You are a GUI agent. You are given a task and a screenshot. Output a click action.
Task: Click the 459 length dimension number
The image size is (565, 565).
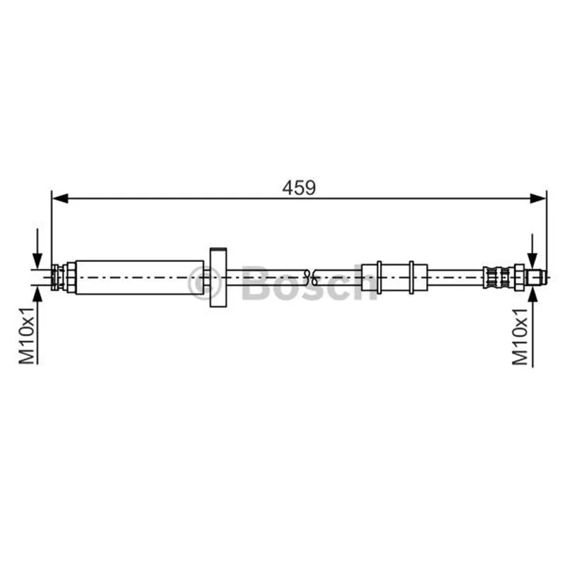[299, 188]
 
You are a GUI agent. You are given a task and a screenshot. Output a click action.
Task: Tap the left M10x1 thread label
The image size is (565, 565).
[27, 335]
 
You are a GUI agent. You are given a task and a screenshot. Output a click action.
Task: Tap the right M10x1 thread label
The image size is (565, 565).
[520, 337]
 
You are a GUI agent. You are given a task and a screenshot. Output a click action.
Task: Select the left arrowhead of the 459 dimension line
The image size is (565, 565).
[60, 198]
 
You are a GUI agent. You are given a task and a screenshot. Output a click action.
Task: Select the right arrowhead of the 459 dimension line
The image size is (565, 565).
[538, 198]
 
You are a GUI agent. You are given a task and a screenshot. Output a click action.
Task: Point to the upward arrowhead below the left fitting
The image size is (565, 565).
[37, 293]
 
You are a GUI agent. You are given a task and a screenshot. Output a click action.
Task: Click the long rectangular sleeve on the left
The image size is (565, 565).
[140, 277]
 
